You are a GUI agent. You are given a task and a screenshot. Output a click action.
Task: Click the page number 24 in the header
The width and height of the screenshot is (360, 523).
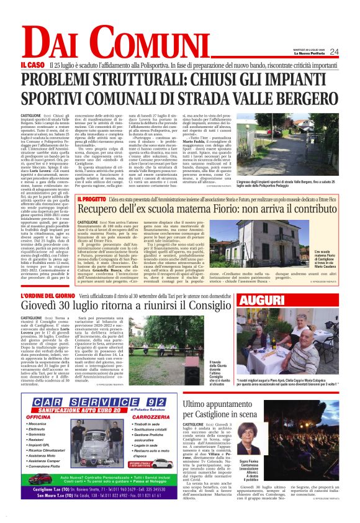[x=334, y=52]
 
